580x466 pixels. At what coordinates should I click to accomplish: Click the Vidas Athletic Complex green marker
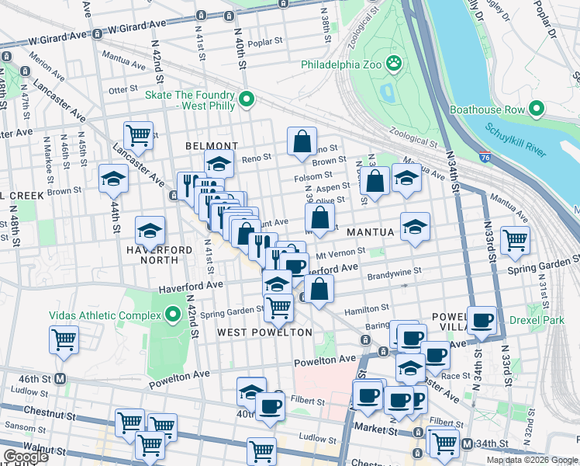[173, 315]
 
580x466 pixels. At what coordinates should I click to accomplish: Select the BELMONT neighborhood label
[211, 146]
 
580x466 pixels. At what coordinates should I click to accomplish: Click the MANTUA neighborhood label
[371, 232]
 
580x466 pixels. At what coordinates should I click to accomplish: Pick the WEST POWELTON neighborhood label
[264, 332]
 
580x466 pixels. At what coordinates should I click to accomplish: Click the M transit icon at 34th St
[467, 443]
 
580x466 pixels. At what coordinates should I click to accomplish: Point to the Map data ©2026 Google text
[531, 460]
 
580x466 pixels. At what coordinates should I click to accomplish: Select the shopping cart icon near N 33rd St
[515, 241]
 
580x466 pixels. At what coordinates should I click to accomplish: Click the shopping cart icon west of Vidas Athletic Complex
[64, 339]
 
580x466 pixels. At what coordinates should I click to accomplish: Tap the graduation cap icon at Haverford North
[150, 230]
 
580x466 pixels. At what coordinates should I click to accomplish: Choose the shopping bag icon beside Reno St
[302, 142]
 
